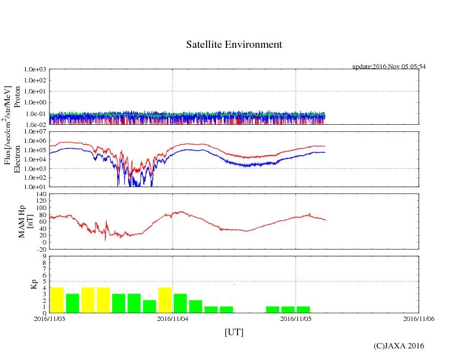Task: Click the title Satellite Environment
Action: pos(234,45)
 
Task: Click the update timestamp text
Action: pos(389,67)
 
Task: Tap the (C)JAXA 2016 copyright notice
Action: pos(398,346)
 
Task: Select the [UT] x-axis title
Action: pos(234,332)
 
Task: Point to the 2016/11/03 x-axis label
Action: pos(49,318)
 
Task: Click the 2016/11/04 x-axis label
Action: pos(173,318)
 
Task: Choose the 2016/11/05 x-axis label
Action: pos(296,318)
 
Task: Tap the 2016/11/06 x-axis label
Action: pos(419,318)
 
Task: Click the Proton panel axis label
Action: pos(17,97)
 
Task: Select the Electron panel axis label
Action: pos(17,159)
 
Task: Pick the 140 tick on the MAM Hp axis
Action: pos(41,194)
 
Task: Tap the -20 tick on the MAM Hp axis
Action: pos(41,249)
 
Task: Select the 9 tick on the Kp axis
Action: pos(44,256)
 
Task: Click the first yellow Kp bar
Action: pos(57,300)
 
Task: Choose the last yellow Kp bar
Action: pos(165,300)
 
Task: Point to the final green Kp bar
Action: pos(303,309)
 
